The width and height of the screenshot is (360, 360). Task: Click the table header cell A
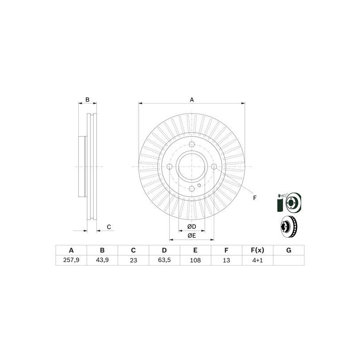[x=71, y=251]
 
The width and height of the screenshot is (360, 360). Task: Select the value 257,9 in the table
[x=71, y=260]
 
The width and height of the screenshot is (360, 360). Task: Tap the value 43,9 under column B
[x=102, y=260]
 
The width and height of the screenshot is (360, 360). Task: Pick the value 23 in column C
[x=133, y=260]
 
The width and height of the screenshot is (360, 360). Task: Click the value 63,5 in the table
[x=164, y=260]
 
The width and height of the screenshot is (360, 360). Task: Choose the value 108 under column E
[x=195, y=260]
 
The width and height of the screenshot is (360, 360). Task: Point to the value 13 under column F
[x=226, y=260]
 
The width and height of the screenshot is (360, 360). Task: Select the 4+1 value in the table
[x=257, y=260]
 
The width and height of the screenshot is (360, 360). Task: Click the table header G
[x=288, y=251]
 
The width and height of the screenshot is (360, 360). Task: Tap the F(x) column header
[x=257, y=251]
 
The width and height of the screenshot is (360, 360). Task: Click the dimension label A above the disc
[x=192, y=100]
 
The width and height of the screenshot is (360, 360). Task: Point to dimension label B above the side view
[x=88, y=99]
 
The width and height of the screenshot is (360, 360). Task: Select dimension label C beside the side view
[x=109, y=227]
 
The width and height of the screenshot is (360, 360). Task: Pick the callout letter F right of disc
[x=254, y=198]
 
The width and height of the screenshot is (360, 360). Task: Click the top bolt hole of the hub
[x=192, y=145]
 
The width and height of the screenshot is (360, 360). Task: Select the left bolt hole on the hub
[x=170, y=167]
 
